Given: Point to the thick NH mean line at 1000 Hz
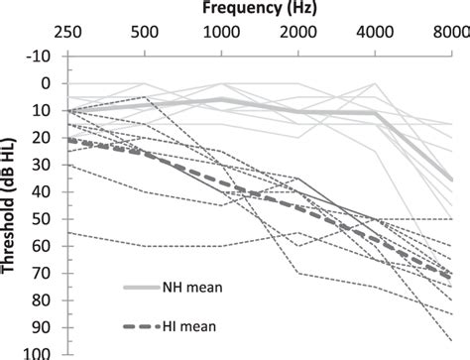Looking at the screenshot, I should tap(223, 100).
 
